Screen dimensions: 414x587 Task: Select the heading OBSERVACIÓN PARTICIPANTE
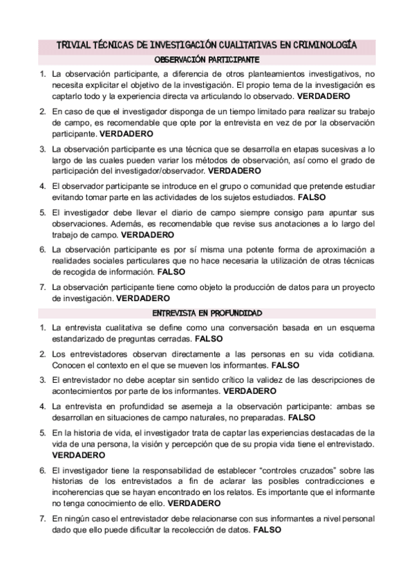(x=207, y=60)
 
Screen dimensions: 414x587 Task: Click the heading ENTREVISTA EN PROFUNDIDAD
(x=207, y=313)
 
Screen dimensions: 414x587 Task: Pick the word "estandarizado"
(x=82, y=340)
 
